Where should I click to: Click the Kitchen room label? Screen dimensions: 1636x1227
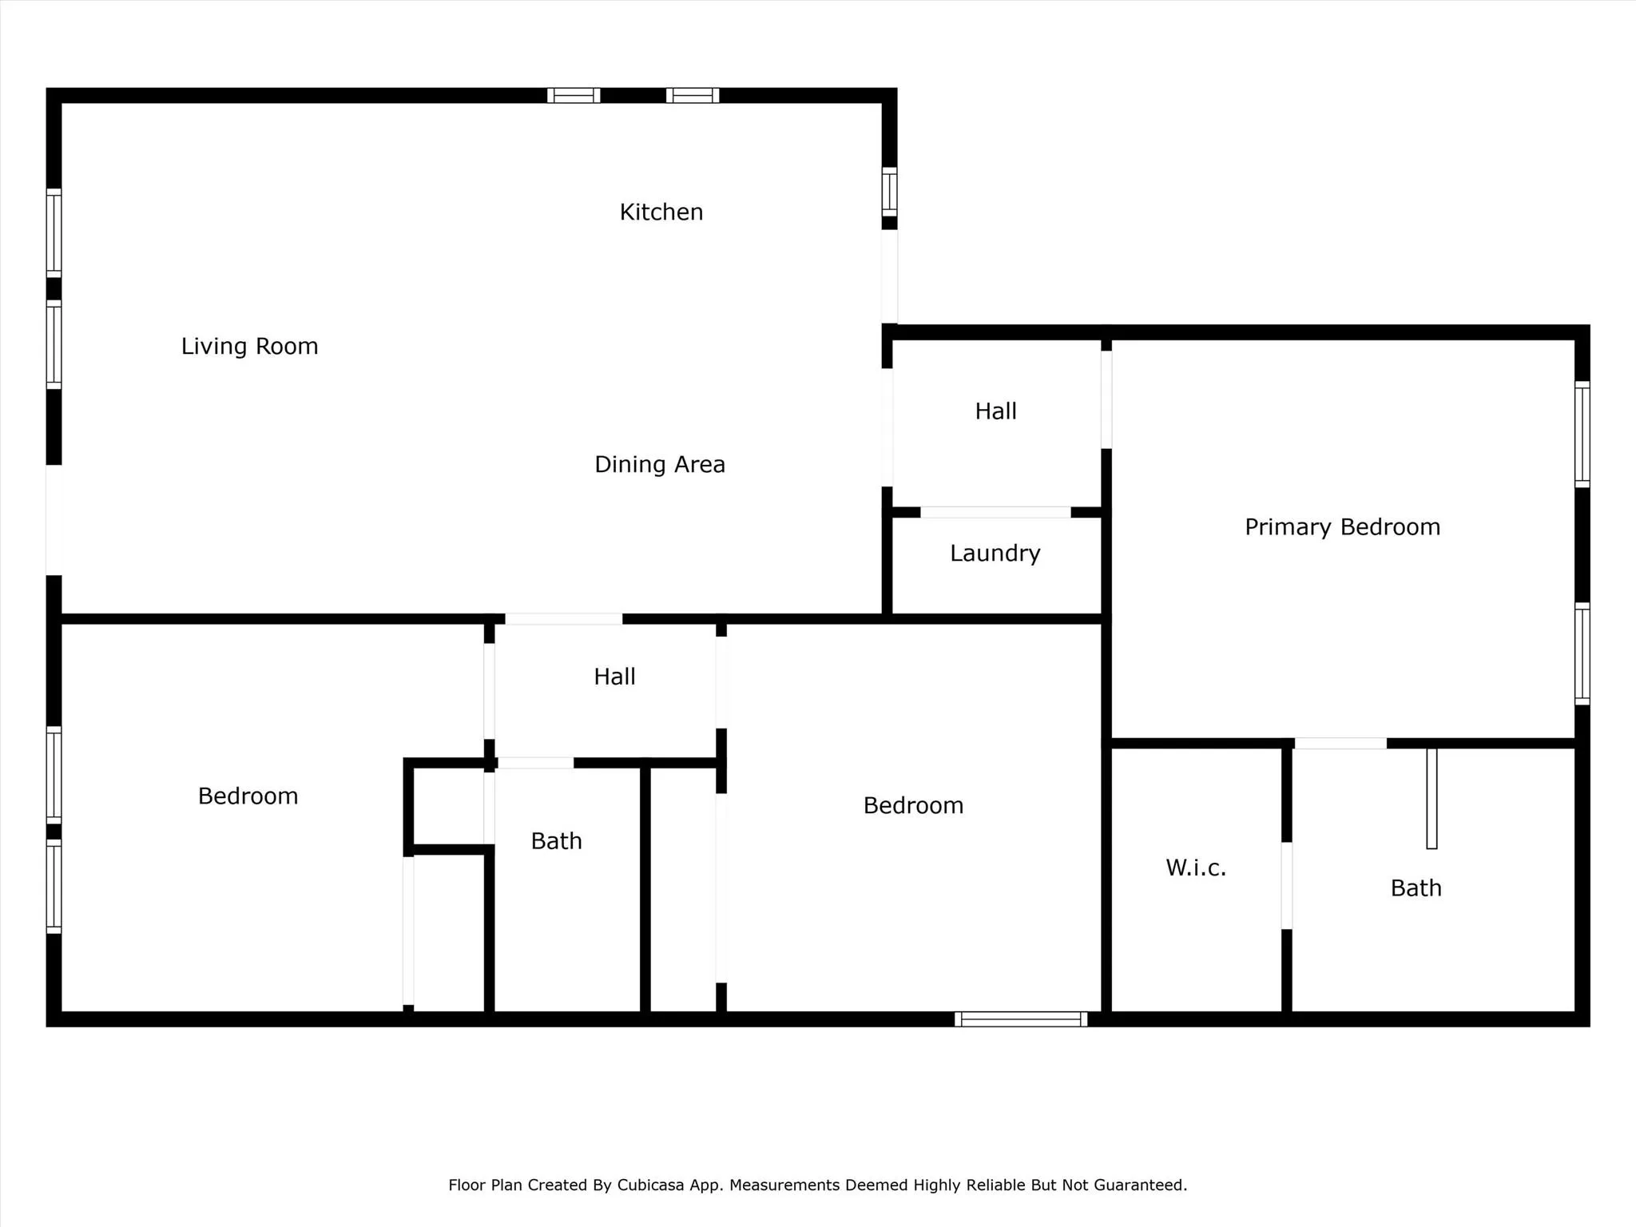click(661, 212)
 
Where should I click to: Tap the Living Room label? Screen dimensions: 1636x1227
click(249, 347)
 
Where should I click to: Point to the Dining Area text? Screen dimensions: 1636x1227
click(660, 465)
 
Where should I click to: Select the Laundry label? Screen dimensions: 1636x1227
click(995, 554)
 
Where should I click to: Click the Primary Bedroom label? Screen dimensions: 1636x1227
click(1343, 527)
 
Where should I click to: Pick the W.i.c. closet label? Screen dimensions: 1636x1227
click(1196, 868)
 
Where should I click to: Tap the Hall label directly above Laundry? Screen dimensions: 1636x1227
click(995, 411)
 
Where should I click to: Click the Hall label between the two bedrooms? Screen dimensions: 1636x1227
click(614, 677)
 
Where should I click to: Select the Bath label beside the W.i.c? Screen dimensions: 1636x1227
click(1416, 888)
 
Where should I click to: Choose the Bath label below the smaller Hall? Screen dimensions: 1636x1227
click(557, 841)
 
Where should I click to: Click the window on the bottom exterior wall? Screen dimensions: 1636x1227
click(1021, 1019)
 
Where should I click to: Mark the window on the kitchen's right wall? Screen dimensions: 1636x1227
click(889, 192)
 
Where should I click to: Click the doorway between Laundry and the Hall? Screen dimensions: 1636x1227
click(995, 512)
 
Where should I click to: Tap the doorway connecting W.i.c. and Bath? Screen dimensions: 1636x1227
click(1287, 886)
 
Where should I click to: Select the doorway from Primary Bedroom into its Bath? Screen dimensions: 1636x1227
click(1340, 744)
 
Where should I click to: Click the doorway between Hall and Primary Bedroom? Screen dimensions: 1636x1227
click(1106, 399)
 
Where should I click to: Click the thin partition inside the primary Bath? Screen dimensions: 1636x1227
click(1431, 799)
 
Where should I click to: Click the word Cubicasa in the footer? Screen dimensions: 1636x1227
click(650, 1185)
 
